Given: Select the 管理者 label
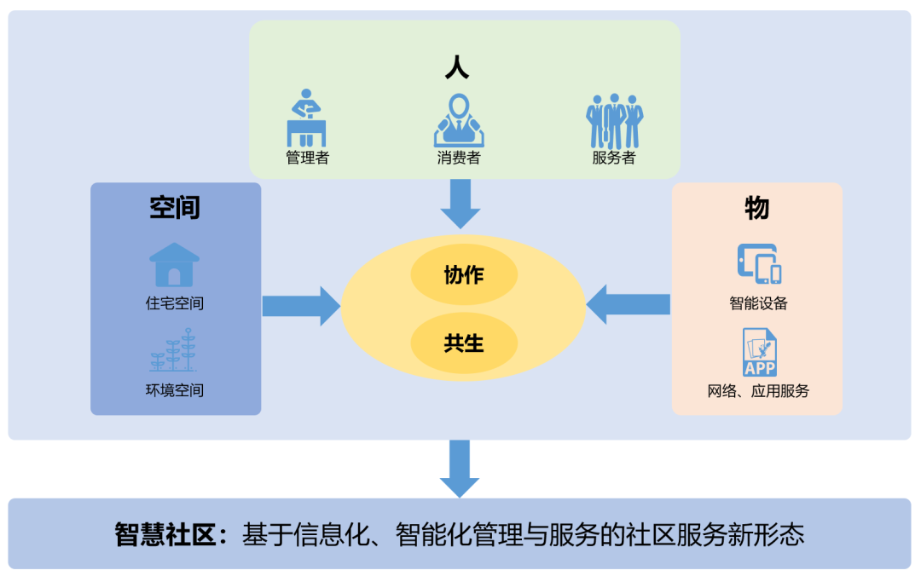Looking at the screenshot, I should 307,158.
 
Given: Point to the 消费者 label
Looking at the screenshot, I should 459,158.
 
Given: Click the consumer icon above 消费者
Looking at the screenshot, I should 459,120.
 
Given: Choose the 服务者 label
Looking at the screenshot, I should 614,158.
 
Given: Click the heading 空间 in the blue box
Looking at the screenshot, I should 175,207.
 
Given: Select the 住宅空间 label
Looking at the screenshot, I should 175,303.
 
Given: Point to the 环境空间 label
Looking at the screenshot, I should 175,391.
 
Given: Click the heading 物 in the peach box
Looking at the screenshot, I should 756,207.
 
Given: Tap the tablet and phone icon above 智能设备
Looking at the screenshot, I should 759,263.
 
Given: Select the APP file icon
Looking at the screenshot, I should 759,352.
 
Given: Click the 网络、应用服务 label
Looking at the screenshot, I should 758,391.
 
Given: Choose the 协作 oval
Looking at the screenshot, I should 464,275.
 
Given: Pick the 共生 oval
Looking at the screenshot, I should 464,343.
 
